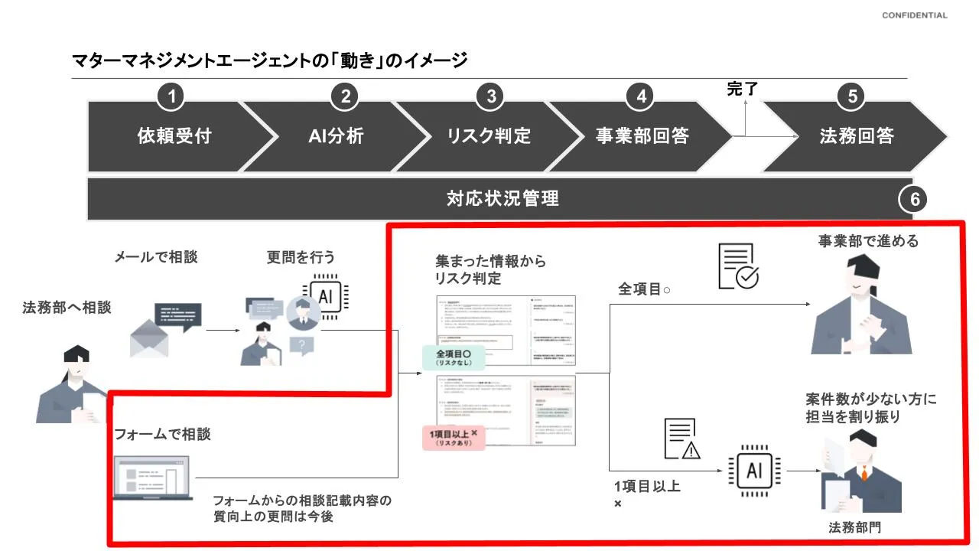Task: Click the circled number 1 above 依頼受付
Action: (171, 96)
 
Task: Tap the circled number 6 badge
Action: (913, 201)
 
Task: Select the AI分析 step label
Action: (336, 136)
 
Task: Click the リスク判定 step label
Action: (489, 136)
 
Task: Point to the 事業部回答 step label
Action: (642, 136)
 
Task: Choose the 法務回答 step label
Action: (857, 136)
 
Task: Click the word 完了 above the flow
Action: (742, 89)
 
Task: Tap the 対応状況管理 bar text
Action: (503, 199)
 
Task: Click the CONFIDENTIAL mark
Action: (914, 15)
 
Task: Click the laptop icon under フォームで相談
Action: (151, 478)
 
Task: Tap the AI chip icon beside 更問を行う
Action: (325, 296)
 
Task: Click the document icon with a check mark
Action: (737, 266)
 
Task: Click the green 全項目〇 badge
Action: (452, 357)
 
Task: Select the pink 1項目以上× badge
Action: (453, 437)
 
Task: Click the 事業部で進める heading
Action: (868, 241)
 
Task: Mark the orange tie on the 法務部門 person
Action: (864, 473)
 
